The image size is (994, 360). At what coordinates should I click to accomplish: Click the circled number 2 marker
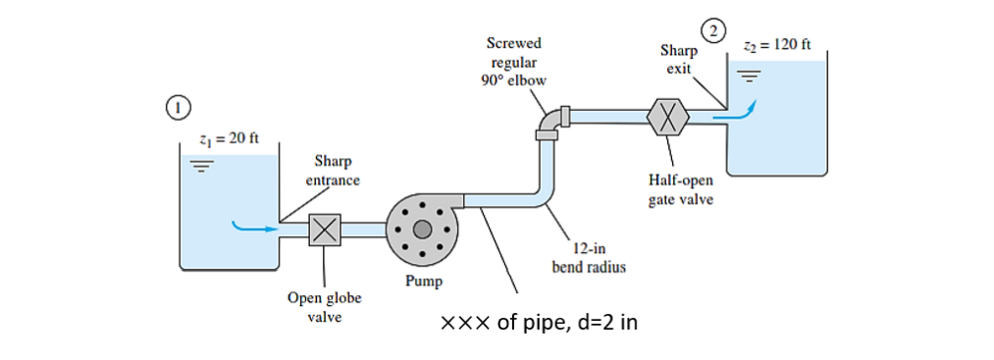point(716,28)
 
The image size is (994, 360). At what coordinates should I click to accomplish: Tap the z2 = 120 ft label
point(777,45)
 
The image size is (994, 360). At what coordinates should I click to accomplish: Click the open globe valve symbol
point(325,230)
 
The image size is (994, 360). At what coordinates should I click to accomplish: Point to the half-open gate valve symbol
point(668,117)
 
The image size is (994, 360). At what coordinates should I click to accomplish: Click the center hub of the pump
point(422,230)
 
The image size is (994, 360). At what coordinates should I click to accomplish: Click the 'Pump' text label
point(424,282)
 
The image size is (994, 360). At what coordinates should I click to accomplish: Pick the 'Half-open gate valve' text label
point(681,189)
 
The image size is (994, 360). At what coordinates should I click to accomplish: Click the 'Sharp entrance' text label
point(335,170)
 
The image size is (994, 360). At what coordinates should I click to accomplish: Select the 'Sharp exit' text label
point(678,58)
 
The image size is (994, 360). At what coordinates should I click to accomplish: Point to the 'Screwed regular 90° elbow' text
point(513,61)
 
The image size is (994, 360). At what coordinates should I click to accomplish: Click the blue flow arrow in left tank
point(251,229)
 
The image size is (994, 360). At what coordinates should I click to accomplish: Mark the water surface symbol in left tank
point(202,166)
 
